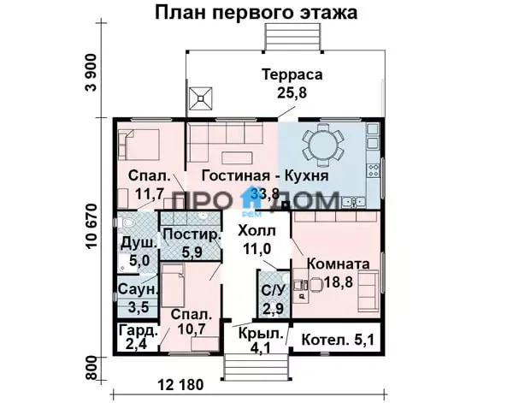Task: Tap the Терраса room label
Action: tap(292, 74)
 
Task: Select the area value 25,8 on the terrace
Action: tap(292, 92)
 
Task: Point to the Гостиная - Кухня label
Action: tap(265, 175)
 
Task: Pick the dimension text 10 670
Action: tap(92, 227)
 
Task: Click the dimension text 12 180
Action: tap(181, 385)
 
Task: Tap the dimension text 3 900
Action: tap(91, 73)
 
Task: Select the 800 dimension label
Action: tap(92, 368)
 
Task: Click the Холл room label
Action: tap(256, 231)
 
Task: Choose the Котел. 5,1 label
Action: tap(338, 341)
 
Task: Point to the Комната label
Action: tap(339, 264)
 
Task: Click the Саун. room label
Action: tap(138, 289)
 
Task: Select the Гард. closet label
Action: tap(139, 330)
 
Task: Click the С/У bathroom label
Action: tap(274, 290)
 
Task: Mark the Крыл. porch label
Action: tap(261, 334)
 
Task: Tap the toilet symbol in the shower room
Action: tap(127, 223)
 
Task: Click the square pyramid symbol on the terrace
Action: tap(201, 98)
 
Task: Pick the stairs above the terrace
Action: tap(292, 38)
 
